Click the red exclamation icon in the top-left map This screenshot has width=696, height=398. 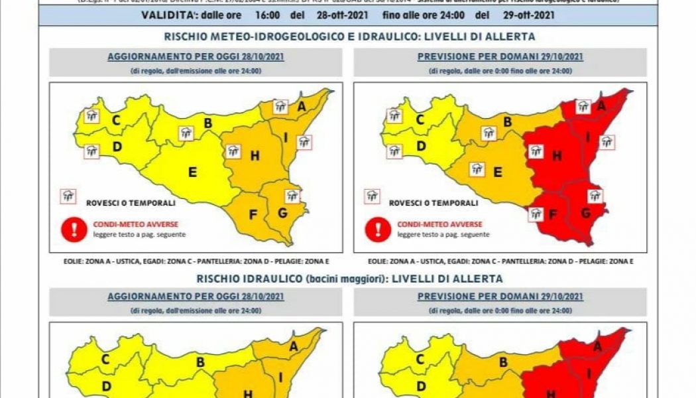click(70, 229)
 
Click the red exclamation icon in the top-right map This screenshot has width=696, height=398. click(378, 229)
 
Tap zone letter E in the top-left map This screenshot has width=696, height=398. click(192, 172)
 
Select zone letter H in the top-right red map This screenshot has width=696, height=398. click(557, 157)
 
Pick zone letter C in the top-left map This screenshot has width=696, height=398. click(116, 120)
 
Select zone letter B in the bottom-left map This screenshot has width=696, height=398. click(200, 362)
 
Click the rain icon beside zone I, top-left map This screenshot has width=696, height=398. click(304, 141)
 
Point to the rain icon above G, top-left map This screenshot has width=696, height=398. click(292, 195)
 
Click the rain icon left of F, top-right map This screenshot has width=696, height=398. click(536, 214)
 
